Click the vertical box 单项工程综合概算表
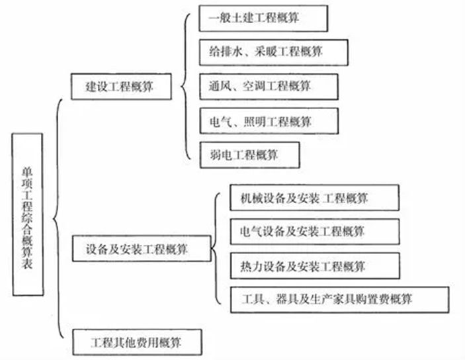click(x=28, y=214)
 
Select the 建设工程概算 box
click(x=121, y=87)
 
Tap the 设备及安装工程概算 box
click(x=142, y=249)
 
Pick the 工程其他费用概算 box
click(x=138, y=342)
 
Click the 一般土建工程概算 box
click(x=263, y=18)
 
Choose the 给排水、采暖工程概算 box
click(x=274, y=52)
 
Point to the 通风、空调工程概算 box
click(x=269, y=87)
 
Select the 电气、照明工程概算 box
click(x=269, y=121)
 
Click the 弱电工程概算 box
click(x=250, y=155)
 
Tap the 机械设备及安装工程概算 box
click(x=315, y=198)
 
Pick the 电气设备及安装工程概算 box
click(x=315, y=232)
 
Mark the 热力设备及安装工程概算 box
click(x=315, y=266)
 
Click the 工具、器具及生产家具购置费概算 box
click(x=340, y=300)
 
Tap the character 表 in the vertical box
click(x=27, y=263)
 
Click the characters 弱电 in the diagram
click(x=221, y=155)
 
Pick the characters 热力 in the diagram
click(x=251, y=266)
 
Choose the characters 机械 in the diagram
click(x=251, y=198)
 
